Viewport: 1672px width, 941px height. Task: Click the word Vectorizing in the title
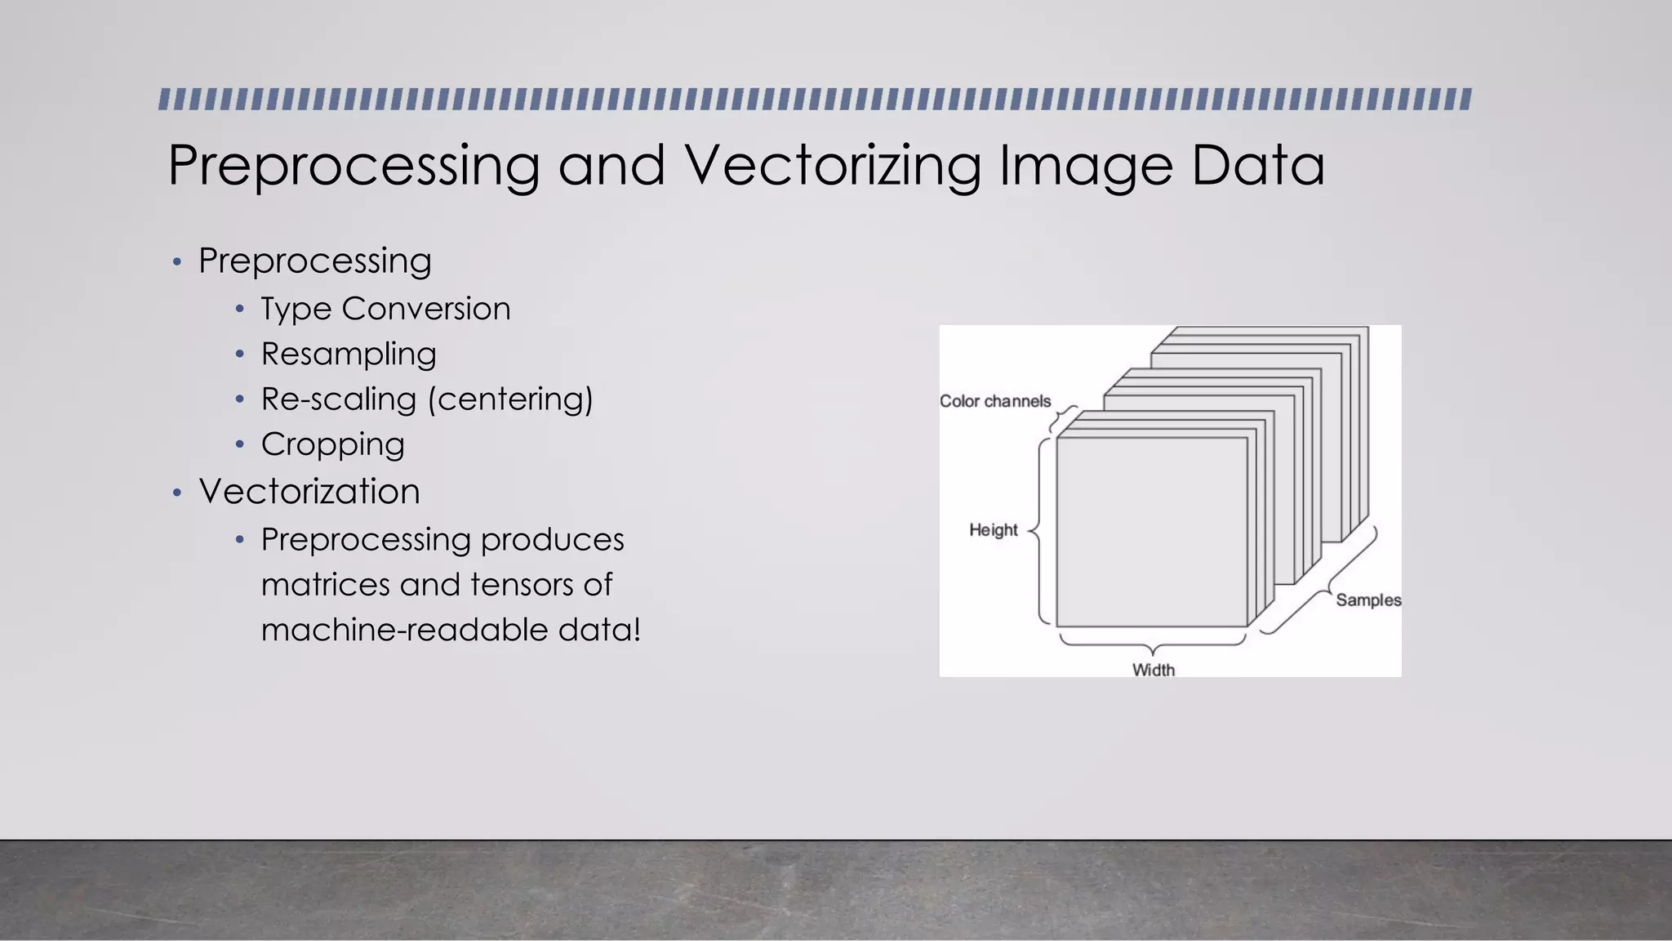(x=833, y=165)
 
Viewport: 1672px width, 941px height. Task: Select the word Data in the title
(x=1257, y=165)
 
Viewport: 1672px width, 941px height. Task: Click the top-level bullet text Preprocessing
(x=315, y=261)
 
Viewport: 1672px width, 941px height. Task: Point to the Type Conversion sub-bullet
(x=385, y=309)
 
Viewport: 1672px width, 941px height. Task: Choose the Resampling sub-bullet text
(x=349, y=355)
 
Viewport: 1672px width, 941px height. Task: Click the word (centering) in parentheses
(x=510, y=399)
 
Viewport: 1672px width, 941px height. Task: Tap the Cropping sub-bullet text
(x=332, y=444)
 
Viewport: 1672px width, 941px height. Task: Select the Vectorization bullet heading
(x=309, y=492)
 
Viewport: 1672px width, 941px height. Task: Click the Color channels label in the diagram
(x=995, y=401)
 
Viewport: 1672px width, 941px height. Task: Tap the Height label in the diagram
(x=994, y=530)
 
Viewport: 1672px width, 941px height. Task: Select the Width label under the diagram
(x=1154, y=670)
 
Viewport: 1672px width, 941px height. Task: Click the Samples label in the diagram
(x=1368, y=600)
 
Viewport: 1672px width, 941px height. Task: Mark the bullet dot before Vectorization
(x=177, y=493)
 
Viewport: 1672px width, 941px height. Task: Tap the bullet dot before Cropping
(x=239, y=445)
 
